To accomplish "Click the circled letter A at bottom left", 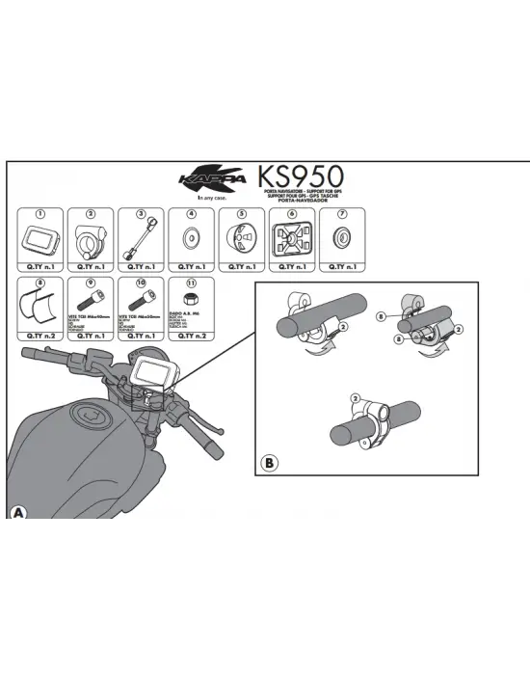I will click(x=17, y=512).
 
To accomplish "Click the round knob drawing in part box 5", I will click(x=241, y=238).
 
